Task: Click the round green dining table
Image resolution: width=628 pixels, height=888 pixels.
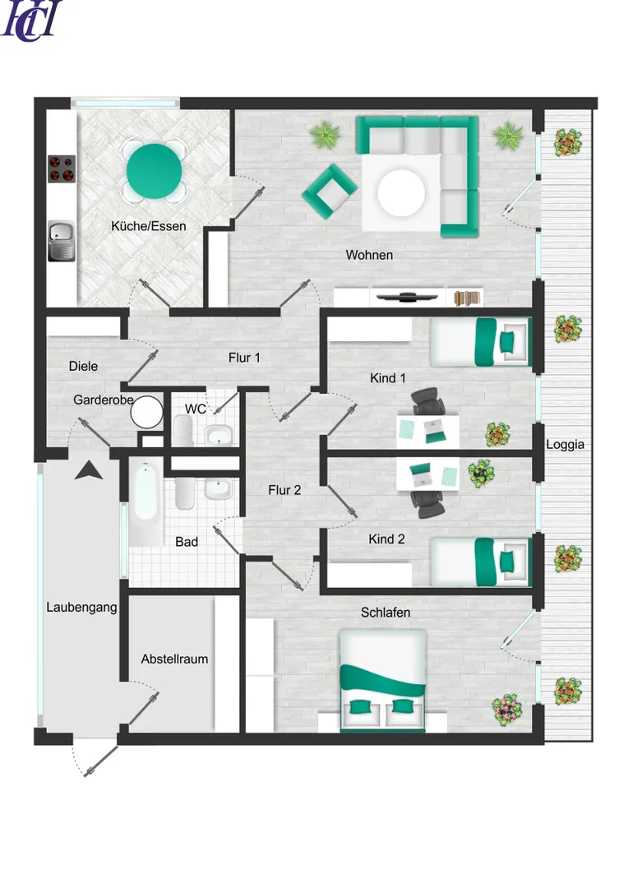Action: point(154,171)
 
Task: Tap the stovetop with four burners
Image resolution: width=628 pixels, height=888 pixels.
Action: point(61,169)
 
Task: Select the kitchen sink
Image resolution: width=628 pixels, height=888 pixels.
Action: point(61,241)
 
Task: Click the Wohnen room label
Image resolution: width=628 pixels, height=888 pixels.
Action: point(369,255)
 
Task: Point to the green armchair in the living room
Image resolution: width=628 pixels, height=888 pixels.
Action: point(329,192)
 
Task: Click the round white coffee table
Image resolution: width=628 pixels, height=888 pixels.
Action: point(401,192)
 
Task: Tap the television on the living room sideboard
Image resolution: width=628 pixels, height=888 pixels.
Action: point(408,297)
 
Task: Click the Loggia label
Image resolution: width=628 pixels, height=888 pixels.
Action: point(565,445)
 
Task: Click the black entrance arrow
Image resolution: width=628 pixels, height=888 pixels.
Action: point(89,470)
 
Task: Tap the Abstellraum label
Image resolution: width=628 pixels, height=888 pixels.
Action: point(174,659)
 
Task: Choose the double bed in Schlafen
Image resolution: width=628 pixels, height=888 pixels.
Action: point(383,681)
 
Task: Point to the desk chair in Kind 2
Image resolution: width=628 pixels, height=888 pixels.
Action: point(427,504)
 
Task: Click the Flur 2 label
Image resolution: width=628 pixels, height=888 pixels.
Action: point(284,490)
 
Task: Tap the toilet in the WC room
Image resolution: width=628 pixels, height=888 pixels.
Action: point(183,430)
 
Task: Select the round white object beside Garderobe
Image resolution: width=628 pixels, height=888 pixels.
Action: point(146,412)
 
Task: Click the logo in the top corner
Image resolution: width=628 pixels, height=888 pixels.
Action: point(31,21)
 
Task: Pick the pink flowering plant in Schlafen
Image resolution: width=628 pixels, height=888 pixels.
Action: point(507,710)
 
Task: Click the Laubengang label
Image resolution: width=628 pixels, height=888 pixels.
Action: point(81,607)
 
